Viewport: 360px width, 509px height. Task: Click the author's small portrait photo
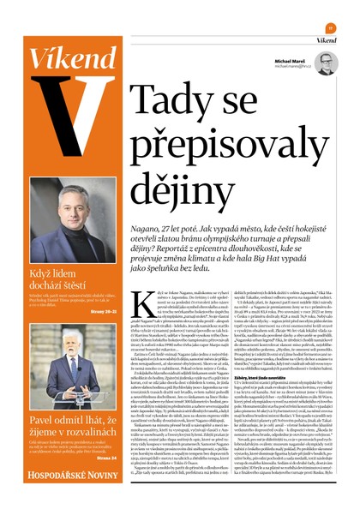coord(326,63)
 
